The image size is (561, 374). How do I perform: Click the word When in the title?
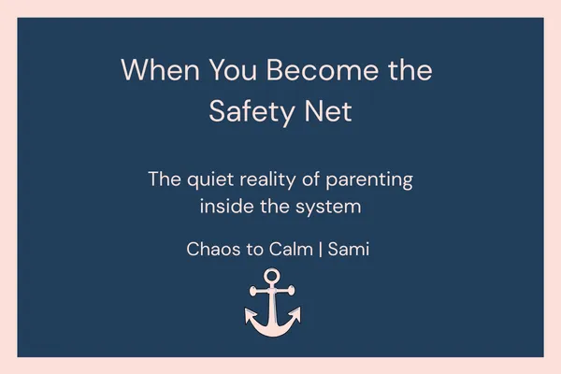click(x=153, y=71)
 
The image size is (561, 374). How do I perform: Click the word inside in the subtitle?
click(x=224, y=207)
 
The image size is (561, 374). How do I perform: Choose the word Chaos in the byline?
click(x=213, y=250)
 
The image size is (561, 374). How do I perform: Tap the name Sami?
click(x=349, y=250)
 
